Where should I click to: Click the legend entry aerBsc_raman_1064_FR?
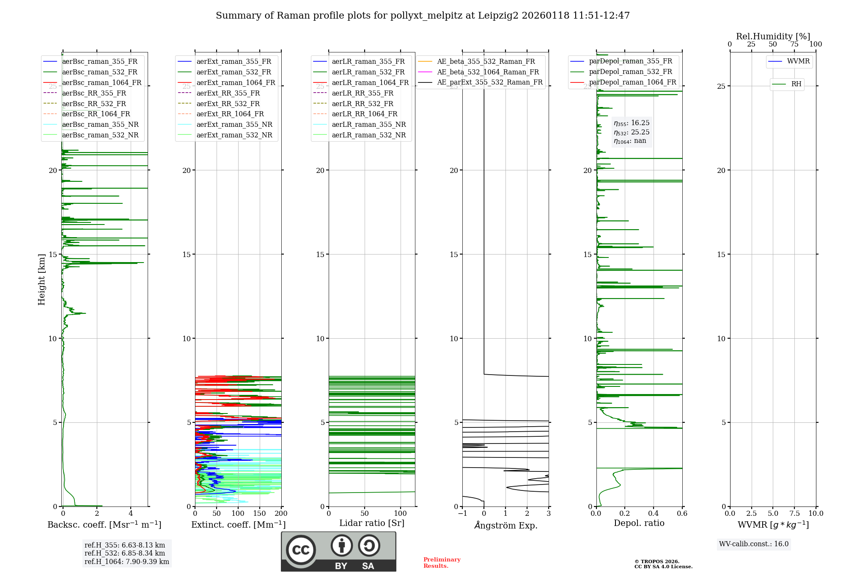[102, 83]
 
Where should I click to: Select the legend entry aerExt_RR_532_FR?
[228, 104]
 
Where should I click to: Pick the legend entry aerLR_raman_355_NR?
[368, 125]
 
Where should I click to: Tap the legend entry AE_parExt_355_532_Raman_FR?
[489, 82]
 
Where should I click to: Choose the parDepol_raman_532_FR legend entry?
[630, 72]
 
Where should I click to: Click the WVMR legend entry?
[798, 61]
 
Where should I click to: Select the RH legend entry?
[796, 84]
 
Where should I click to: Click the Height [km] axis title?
[41, 279]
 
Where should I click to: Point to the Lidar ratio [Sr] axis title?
[372, 523]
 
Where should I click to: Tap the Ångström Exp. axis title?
[505, 525]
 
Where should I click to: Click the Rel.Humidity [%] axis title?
[773, 36]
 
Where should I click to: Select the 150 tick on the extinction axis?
[260, 514]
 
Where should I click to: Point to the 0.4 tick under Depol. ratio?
[654, 514]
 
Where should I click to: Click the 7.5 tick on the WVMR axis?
[794, 514]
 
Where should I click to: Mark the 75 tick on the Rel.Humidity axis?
[794, 44]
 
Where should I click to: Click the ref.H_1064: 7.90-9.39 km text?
[127, 562]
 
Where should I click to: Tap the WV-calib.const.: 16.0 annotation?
[754, 544]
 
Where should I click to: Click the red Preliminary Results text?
[442, 563]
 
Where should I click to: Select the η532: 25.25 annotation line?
[632, 132]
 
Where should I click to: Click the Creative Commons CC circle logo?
[301, 550]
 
